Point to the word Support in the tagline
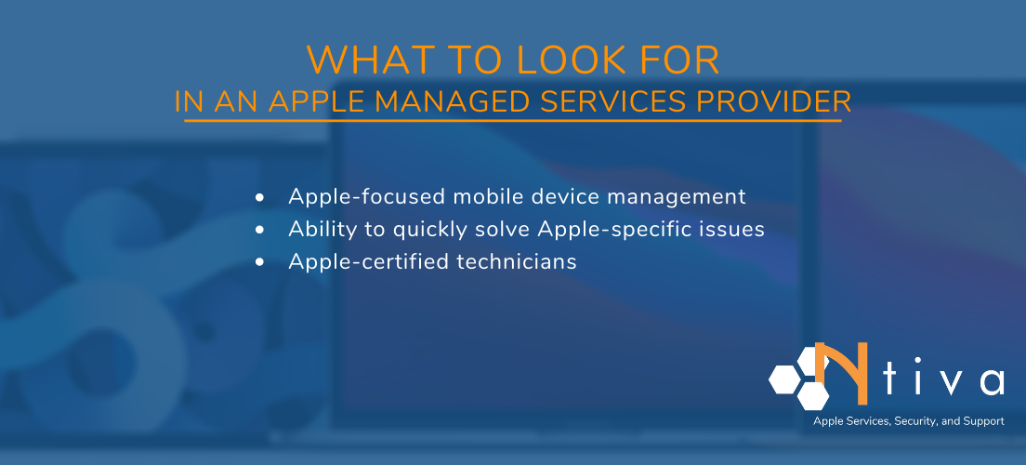click(983, 421)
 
